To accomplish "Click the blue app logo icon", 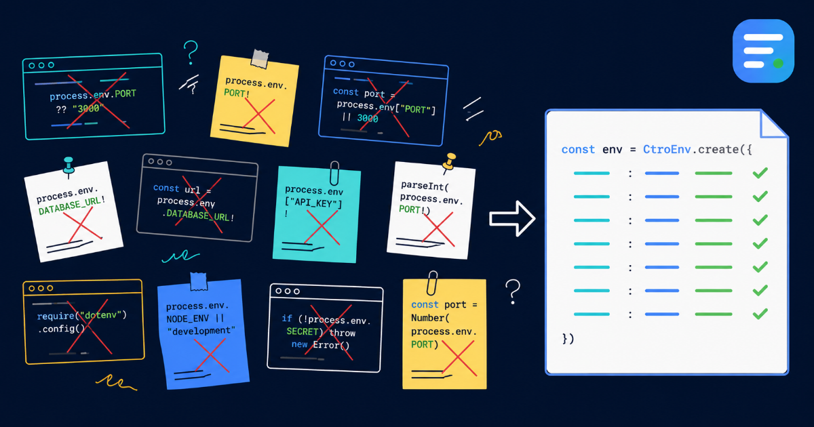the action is point(763,51).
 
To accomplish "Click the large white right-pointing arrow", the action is point(512,218).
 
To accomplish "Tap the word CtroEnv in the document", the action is point(667,149).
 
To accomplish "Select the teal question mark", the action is point(191,53).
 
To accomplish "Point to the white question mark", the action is point(513,291).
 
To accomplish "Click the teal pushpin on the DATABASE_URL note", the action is point(69,166).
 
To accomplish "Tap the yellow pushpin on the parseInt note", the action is point(450,162).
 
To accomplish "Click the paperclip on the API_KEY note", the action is point(334,173).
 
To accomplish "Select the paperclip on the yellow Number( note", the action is point(432,283).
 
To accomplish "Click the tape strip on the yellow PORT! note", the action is point(260,59).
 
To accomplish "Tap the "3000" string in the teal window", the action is point(88,108).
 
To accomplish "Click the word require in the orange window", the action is point(56,316).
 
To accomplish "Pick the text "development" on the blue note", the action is point(201,331).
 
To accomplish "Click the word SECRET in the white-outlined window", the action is point(303,331).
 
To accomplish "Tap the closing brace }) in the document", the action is point(568,338).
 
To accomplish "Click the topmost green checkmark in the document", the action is point(760,173).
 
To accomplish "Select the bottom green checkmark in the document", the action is point(760,314).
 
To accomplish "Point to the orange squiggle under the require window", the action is point(116,383).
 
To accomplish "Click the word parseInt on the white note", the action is point(425,186).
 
